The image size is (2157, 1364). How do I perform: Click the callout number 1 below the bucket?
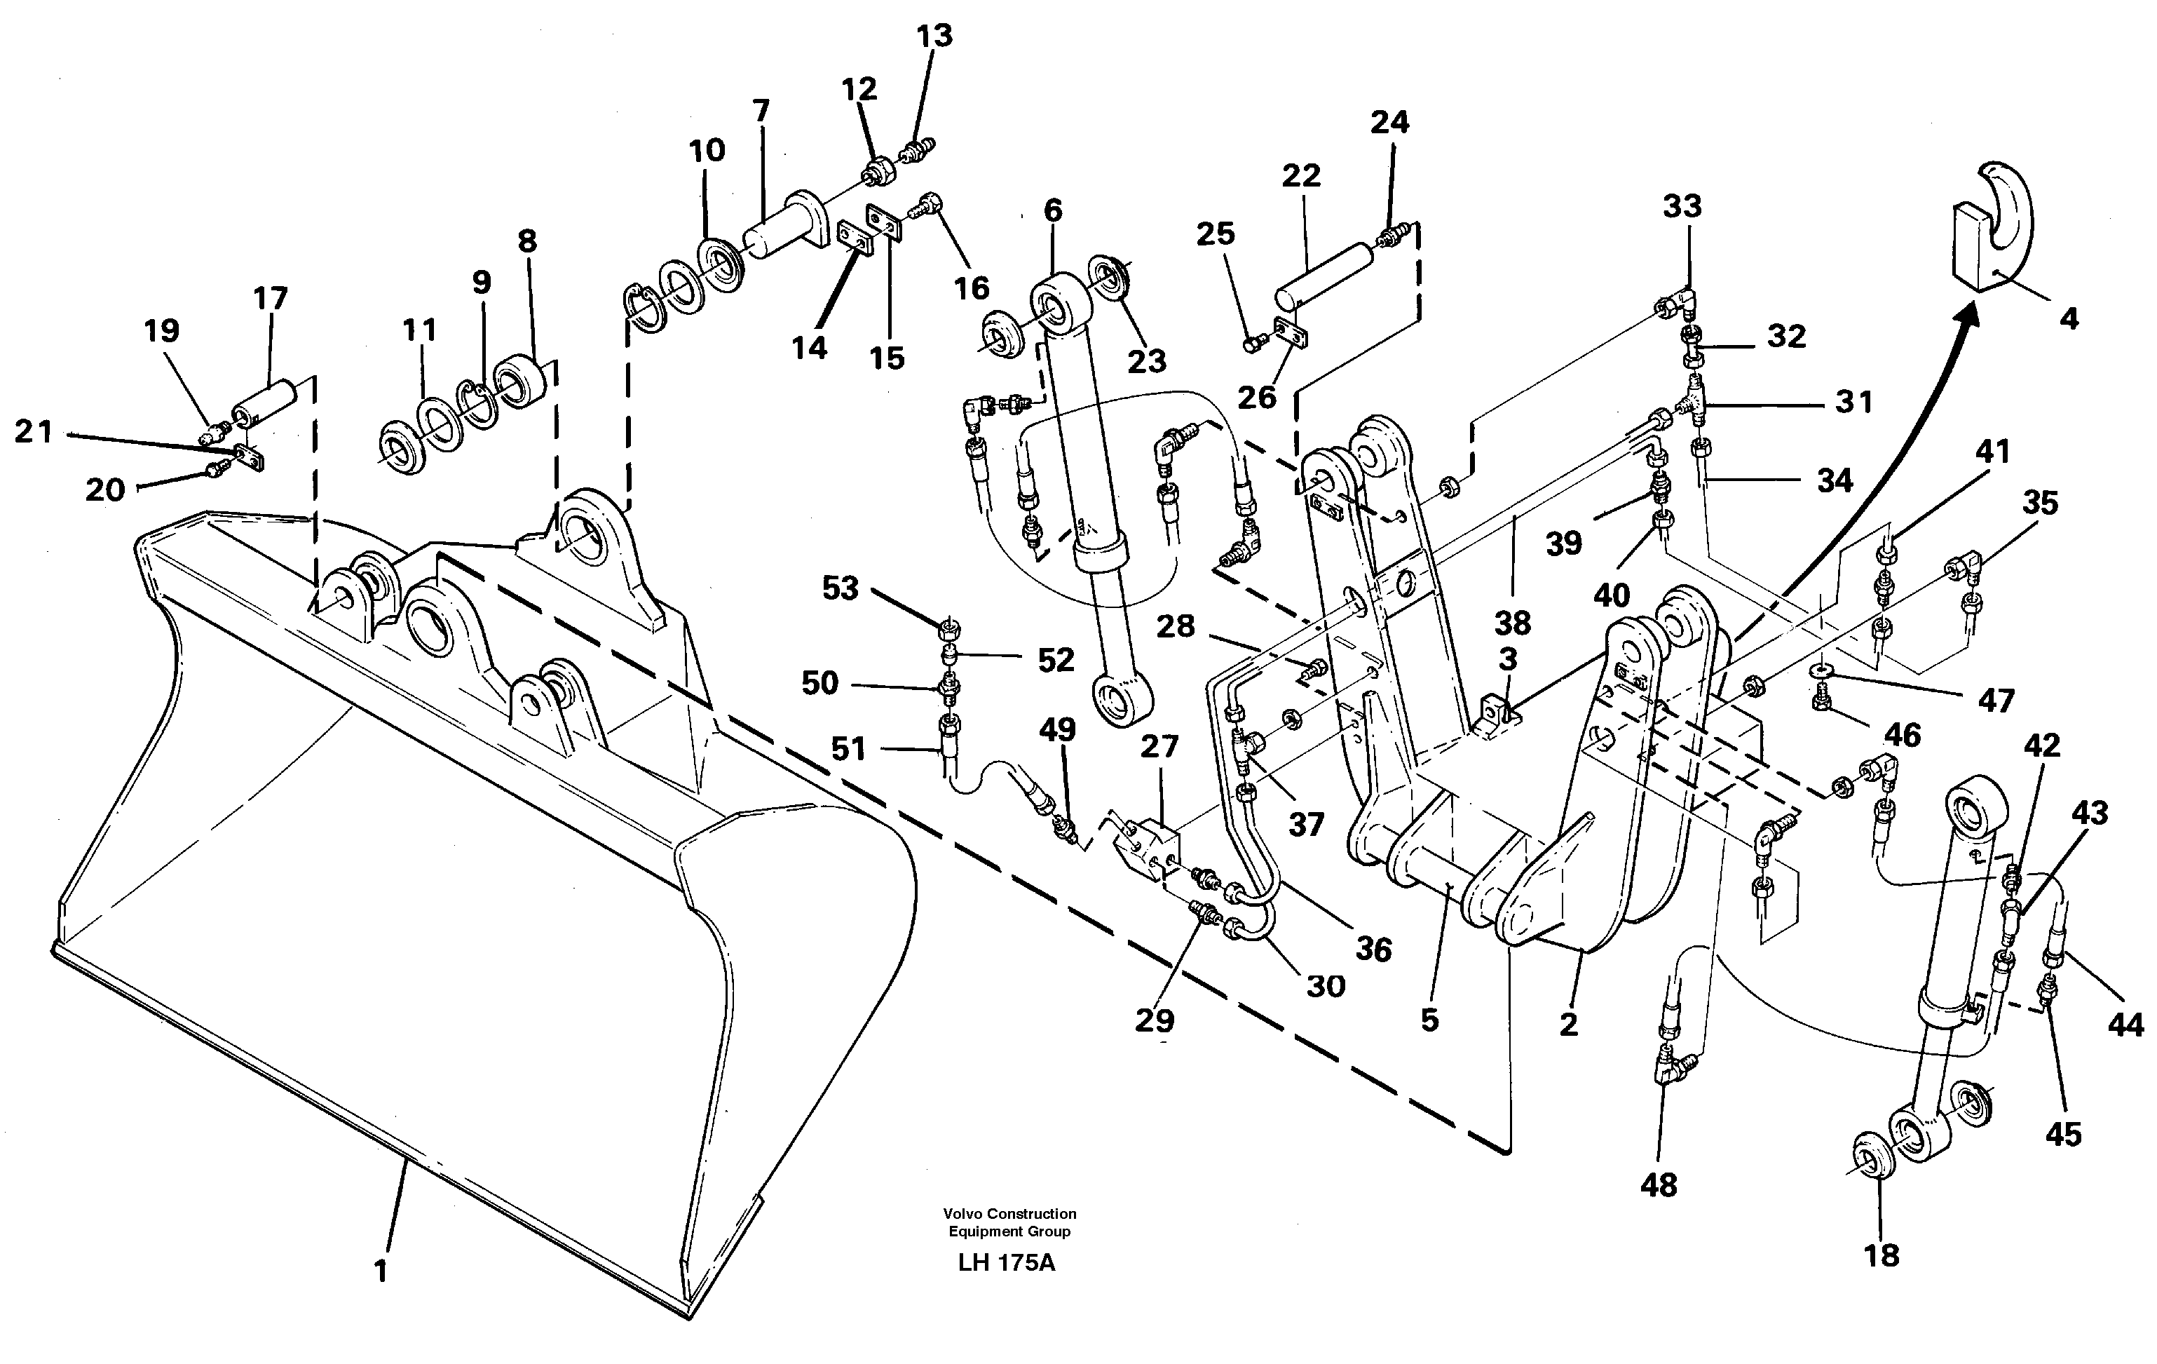[x=381, y=1270]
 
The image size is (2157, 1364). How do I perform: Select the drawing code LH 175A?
[x=1006, y=1263]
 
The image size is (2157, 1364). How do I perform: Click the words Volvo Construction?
[x=1009, y=1213]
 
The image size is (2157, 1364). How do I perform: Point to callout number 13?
[x=934, y=36]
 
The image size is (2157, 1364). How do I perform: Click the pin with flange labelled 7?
[x=788, y=224]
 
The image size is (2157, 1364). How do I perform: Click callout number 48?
[x=1658, y=1184]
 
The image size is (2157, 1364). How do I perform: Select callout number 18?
[x=1881, y=1255]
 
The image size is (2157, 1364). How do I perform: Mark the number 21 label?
[x=34, y=431]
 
